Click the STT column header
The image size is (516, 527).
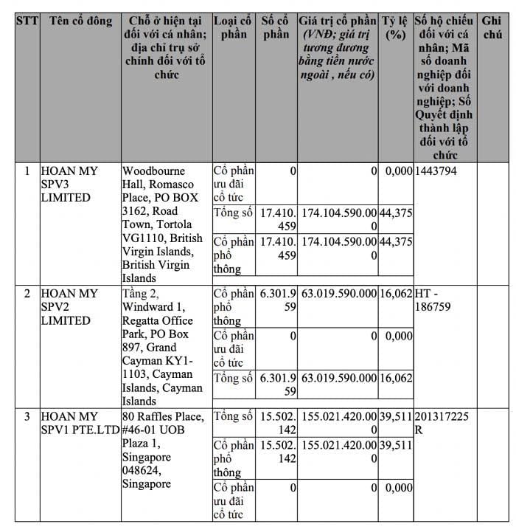pos(27,21)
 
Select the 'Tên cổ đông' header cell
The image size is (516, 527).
pos(80,21)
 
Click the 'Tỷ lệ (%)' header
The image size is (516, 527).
pos(396,27)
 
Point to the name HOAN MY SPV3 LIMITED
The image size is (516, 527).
pos(71,185)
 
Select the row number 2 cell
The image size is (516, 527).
pos(27,294)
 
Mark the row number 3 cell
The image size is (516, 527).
pos(27,417)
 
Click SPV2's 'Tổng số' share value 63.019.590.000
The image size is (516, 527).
pos(338,379)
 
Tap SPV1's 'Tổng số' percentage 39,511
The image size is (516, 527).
pos(396,417)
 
